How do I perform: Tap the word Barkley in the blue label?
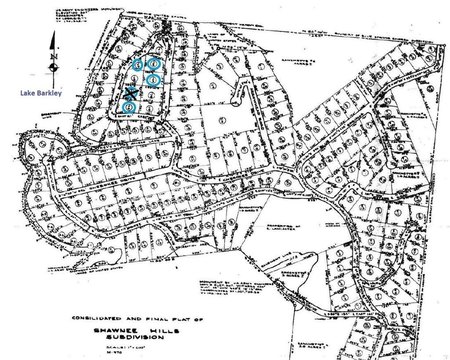[46, 91]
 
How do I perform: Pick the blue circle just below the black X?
[130, 108]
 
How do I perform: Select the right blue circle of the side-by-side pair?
[153, 63]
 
